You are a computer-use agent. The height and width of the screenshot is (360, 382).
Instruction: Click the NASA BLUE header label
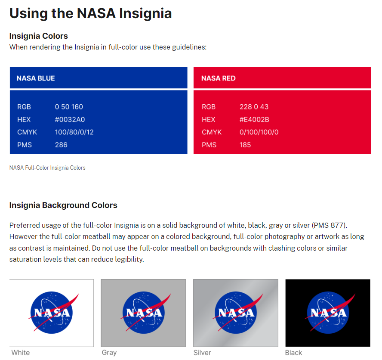coord(36,78)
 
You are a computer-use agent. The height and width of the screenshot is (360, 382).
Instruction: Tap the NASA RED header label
coord(218,78)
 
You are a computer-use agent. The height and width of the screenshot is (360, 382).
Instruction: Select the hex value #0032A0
coord(70,119)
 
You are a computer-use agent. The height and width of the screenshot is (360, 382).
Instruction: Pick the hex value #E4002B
coord(254,119)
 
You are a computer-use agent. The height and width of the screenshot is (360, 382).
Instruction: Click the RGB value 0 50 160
coord(69,107)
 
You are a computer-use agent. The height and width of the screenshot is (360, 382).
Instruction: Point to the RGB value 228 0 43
coord(254,107)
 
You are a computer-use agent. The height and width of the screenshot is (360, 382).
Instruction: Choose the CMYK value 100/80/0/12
coord(74,132)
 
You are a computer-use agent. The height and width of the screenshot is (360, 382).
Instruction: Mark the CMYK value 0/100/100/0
coord(259,132)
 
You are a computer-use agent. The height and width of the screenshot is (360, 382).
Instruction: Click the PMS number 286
coord(61,145)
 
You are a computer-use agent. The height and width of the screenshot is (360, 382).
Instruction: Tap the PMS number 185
coord(245,145)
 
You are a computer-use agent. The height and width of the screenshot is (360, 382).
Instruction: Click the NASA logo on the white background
coord(52,313)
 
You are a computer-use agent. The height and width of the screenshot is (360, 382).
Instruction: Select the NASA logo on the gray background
coord(144,313)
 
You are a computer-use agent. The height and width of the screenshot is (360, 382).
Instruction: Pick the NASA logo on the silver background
coord(236,313)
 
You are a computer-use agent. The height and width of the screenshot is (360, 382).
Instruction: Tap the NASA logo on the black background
coord(328,313)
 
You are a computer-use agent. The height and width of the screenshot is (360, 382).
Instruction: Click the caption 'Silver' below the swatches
coord(202,353)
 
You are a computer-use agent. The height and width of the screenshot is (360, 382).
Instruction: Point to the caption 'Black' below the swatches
coord(293,353)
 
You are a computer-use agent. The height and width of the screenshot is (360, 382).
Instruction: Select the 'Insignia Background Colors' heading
coord(63,205)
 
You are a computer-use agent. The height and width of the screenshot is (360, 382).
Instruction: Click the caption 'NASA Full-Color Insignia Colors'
coord(47,168)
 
